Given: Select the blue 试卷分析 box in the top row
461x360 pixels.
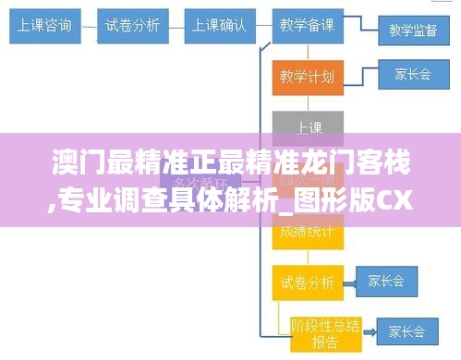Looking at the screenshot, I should point(131,25).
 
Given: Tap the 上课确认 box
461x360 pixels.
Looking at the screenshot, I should point(219,25).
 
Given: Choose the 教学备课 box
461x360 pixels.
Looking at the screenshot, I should point(308,25).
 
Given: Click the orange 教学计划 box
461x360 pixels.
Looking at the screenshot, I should point(308,76).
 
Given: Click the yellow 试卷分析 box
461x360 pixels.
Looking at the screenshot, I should point(308,281).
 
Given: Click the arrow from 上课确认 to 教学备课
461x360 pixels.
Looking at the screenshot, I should point(262,25).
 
